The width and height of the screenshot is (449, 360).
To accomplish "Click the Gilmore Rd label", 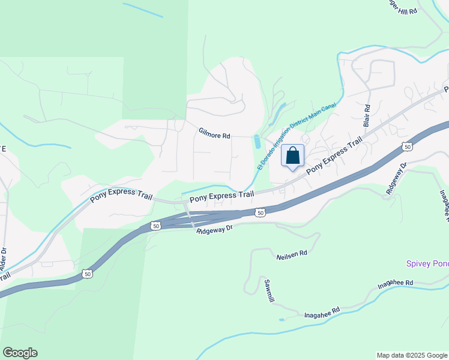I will [x=214, y=136].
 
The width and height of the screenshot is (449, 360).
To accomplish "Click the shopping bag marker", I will [x=293, y=156].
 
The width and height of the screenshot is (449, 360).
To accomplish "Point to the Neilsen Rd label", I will [x=292, y=254].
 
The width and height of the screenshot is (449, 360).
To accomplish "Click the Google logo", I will [x=20, y=353].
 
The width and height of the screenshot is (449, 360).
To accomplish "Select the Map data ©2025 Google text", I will [x=411, y=355].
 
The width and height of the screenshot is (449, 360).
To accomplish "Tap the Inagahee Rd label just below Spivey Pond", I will [x=396, y=283].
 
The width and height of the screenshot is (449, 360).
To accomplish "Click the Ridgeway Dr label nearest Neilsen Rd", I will [x=214, y=230].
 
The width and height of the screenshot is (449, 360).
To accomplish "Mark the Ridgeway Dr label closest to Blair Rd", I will [x=397, y=178].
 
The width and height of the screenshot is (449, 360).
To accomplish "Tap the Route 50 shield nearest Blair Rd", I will [x=408, y=146].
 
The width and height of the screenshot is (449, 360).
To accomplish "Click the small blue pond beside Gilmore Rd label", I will [x=258, y=142].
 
